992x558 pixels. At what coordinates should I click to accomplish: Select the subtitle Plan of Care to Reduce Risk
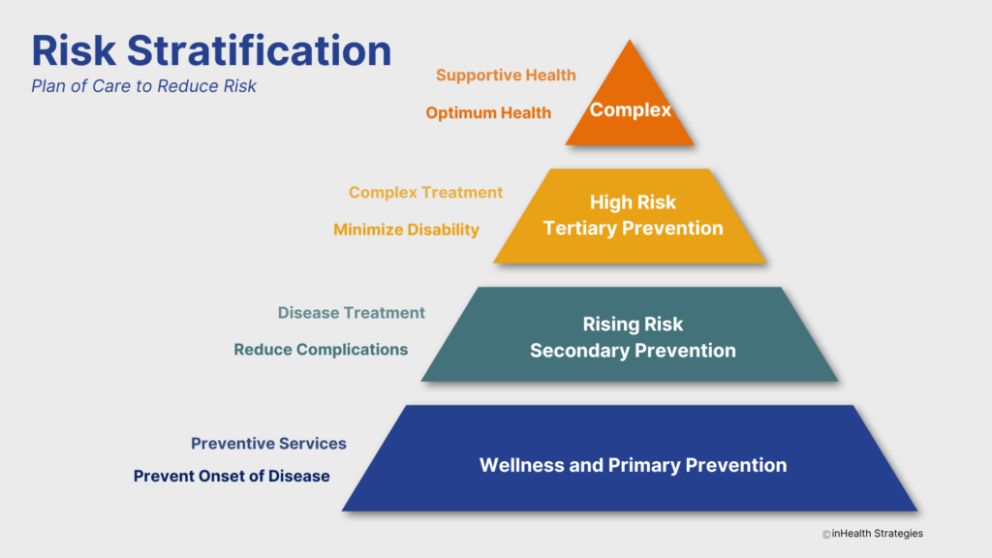(x=143, y=86)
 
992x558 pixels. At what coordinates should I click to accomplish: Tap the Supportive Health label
(x=506, y=75)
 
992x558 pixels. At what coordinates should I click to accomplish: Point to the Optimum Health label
(x=488, y=112)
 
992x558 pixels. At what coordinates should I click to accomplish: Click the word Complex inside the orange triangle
(x=631, y=109)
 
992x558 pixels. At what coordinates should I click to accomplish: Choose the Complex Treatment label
(x=425, y=192)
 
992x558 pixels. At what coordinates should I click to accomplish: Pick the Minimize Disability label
(x=406, y=230)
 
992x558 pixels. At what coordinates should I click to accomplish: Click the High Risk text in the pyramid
(x=633, y=202)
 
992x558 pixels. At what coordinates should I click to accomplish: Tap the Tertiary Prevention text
(x=633, y=229)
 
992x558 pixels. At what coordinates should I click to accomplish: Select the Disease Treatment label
(x=351, y=313)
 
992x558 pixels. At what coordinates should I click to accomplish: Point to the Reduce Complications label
(x=321, y=349)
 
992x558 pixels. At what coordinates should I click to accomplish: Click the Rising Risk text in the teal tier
(x=633, y=325)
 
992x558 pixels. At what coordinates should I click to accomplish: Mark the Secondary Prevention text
(x=633, y=351)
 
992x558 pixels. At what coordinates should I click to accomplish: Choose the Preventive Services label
(x=268, y=443)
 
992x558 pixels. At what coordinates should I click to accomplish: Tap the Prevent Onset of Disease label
(x=232, y=476)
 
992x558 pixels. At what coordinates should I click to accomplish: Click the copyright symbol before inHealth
(x=826, y=535)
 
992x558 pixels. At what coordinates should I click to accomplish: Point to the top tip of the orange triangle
(x=631, y=42)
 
